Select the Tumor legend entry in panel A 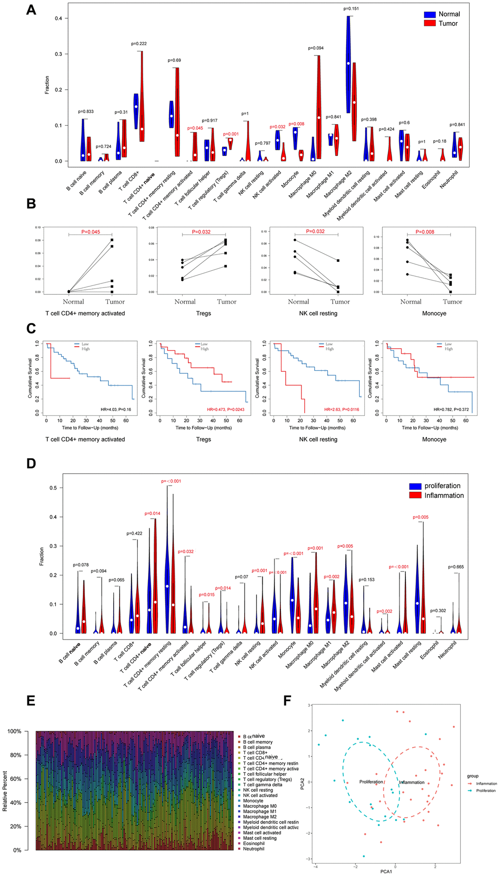448,23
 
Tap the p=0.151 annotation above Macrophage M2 351,8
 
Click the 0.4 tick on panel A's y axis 58,18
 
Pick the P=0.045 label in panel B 90,232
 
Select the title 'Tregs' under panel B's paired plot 203,313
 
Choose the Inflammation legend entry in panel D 444,495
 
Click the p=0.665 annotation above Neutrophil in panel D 456,567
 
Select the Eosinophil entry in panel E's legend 253,843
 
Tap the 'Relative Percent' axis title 5,791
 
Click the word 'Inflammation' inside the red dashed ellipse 411,782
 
